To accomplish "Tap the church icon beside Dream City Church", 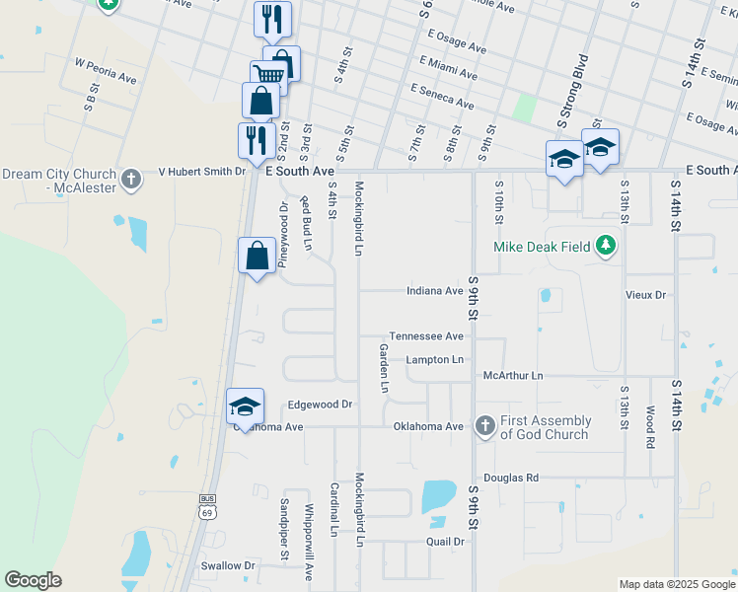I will [x=130, y=179].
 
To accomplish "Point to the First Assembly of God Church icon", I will [x=484, y=426].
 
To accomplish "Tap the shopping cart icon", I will [x=268, y=74].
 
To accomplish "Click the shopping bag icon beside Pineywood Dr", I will [x=257, y=256].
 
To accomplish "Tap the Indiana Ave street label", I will [x=435, y=291].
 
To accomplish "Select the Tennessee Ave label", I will [x=426, y=336].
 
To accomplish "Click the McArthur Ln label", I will [x=513, y=376].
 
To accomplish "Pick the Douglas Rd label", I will [x=511, y=478].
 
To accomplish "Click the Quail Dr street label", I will [x=445, y=542].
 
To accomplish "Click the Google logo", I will [x=33, y=580].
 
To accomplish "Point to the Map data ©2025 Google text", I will [x=676, y=584].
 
